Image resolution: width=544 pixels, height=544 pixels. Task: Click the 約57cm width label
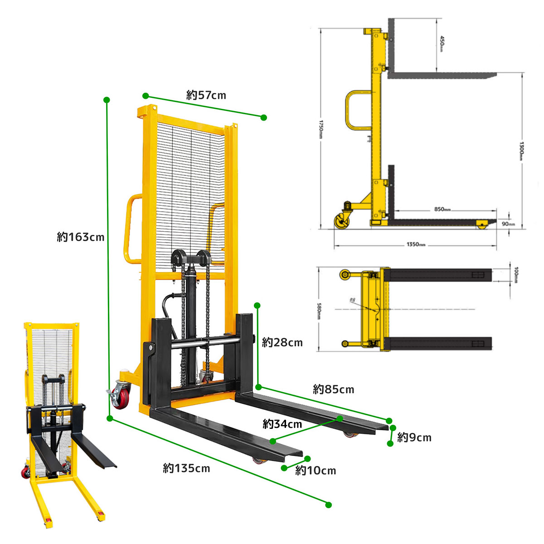coord(206,95)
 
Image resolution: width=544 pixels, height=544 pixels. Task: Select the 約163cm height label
coord(80,237)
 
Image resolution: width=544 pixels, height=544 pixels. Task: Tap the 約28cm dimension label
coord(282,342)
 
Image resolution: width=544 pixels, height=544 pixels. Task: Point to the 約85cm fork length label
coord(333,389)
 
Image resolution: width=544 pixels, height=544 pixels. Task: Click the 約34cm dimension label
coord(282,424)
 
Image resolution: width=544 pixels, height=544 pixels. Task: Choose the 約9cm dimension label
coord(414,437)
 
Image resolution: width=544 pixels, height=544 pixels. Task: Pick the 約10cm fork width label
coord(316,471)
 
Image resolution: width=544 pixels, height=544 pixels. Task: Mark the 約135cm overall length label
coord(186,468)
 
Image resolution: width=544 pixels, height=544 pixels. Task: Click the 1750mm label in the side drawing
coord(321,129)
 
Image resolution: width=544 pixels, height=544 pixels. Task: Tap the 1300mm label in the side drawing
coord(522,151)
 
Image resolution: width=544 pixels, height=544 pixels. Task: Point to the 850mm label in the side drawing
coord(442,209)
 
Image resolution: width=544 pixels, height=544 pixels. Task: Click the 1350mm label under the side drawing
coord(416,245)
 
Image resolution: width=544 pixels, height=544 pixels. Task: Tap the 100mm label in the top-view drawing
coord(516,275)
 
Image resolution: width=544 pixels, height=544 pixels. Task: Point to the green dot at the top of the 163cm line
coord(107,100)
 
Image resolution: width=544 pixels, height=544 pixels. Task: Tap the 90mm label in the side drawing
coord(508,224)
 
